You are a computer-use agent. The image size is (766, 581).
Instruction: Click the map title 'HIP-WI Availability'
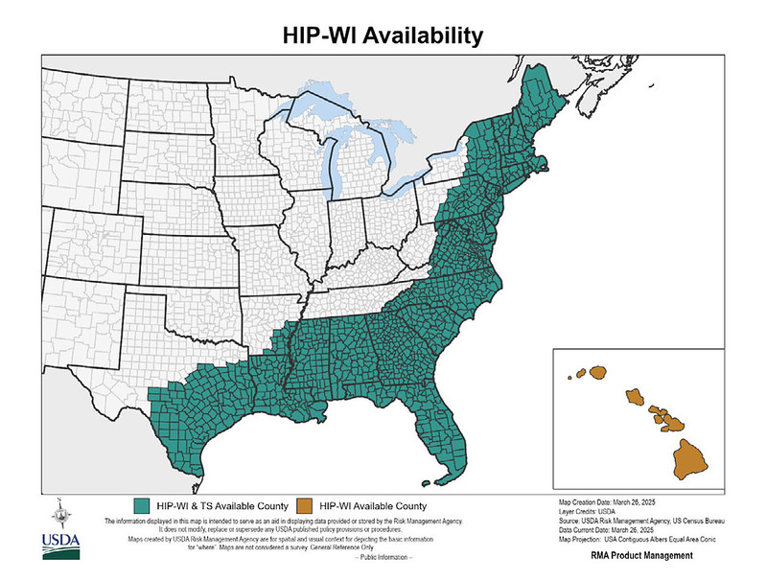click(383, 35)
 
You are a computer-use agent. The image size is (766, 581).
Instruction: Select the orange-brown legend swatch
click(306, 504)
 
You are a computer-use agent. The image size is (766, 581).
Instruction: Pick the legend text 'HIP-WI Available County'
click(373, 504)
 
